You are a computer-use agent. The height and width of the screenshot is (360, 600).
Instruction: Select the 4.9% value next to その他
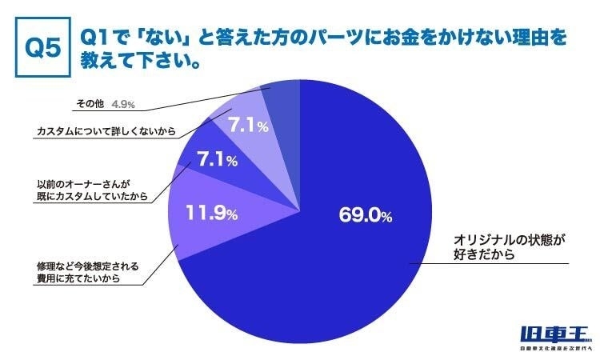click(123, 104)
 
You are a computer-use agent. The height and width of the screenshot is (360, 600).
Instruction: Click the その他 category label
click(90, 105)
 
